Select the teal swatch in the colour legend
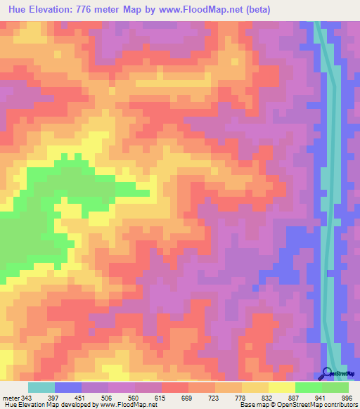(x=41, y=387)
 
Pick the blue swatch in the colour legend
(x=68, y=387)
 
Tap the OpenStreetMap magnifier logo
(x=328, y=372)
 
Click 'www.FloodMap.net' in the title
(x=215, y=9)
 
